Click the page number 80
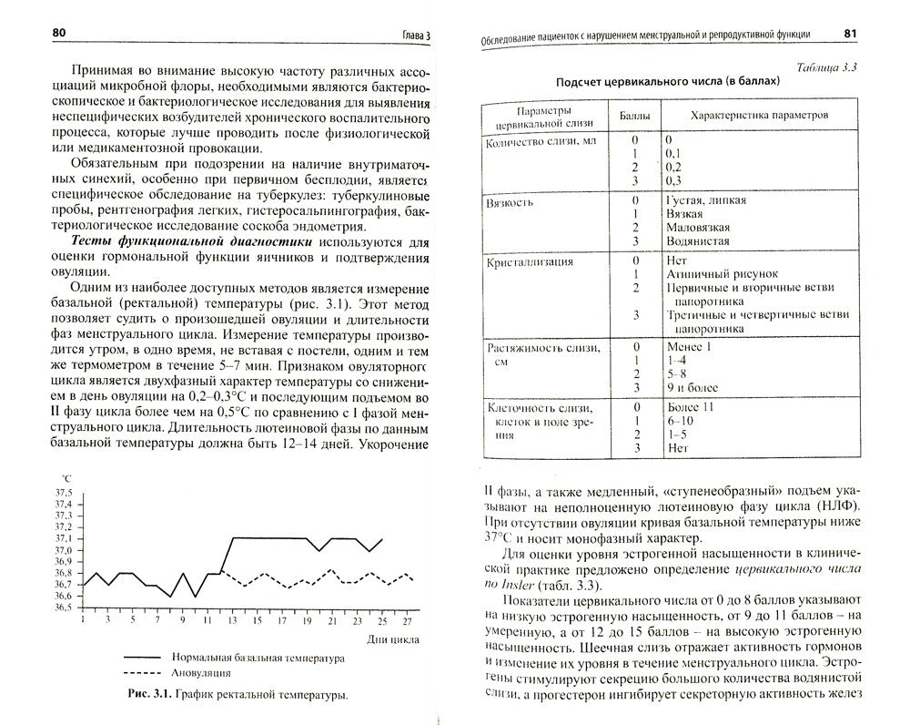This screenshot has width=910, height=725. click(60, 33)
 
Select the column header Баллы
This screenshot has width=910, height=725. click(635, 117)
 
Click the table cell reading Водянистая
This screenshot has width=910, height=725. click(698, 241)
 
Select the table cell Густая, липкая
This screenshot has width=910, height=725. click(706, 200)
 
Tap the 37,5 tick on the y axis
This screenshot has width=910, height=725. click(64, 492)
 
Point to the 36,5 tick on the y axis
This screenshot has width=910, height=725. click(64, 607)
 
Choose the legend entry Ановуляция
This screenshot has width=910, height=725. click(199, 673)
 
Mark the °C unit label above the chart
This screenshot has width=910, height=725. click(66, 477)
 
